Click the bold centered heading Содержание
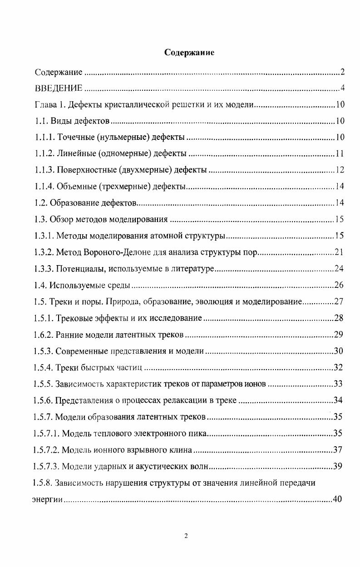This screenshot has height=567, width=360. [x=189, y=53]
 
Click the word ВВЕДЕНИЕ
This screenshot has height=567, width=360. [x=59, y=88]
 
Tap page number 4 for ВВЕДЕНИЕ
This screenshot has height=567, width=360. [x=343, y=88]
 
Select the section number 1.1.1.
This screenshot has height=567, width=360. [x=44, y=138]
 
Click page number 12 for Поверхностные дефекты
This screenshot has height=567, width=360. [x=340, y=170]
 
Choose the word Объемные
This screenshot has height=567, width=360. [x=74, y=187]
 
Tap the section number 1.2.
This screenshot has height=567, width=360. [x=40, y=203]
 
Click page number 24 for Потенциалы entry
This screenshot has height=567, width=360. [x=339, y=269]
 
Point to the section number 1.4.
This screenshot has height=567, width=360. [x=40, y=286]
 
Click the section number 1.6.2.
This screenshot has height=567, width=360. [x=44, y=335]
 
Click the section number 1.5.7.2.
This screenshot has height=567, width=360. [x=47, y=450]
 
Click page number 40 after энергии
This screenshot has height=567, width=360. [x=337, y=500]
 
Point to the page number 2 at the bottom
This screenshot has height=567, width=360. [x=186, y=536]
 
